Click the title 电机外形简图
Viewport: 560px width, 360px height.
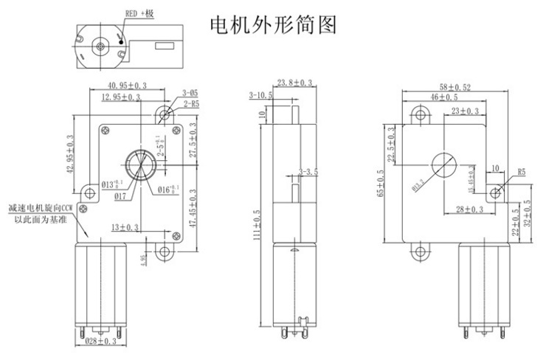(274, 26)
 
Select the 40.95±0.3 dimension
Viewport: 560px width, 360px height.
(128, 86)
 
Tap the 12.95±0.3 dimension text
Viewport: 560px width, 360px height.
(122, 97)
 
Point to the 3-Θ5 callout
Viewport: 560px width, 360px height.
(190, 94)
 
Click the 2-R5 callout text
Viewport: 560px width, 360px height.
(190, 104)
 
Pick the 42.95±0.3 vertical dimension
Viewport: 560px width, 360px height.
(70, 153)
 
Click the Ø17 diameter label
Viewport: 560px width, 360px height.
(123, 196)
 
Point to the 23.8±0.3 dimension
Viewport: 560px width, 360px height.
(294, 82)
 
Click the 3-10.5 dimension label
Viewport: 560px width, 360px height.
(260, 95)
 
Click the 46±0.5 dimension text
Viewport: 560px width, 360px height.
(444, 97)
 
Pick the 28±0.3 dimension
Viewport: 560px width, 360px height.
(469, 210)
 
